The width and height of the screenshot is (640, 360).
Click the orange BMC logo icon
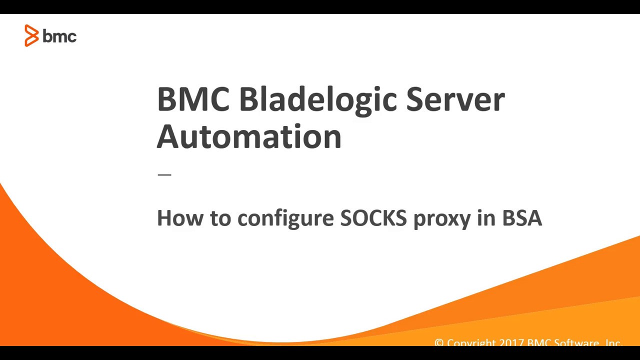(31, 36)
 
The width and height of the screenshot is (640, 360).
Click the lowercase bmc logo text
(59, 36)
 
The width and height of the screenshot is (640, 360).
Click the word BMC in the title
(193, 99)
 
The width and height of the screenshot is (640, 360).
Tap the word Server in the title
(455, 99)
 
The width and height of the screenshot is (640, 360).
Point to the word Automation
(249, 136)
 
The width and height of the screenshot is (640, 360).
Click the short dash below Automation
(164, 174)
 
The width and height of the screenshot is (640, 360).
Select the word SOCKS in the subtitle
(373, 218)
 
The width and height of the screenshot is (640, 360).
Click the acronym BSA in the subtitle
(522, 218)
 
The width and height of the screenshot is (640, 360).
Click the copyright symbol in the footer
(439, 343)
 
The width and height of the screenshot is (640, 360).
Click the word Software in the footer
(575, 343)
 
